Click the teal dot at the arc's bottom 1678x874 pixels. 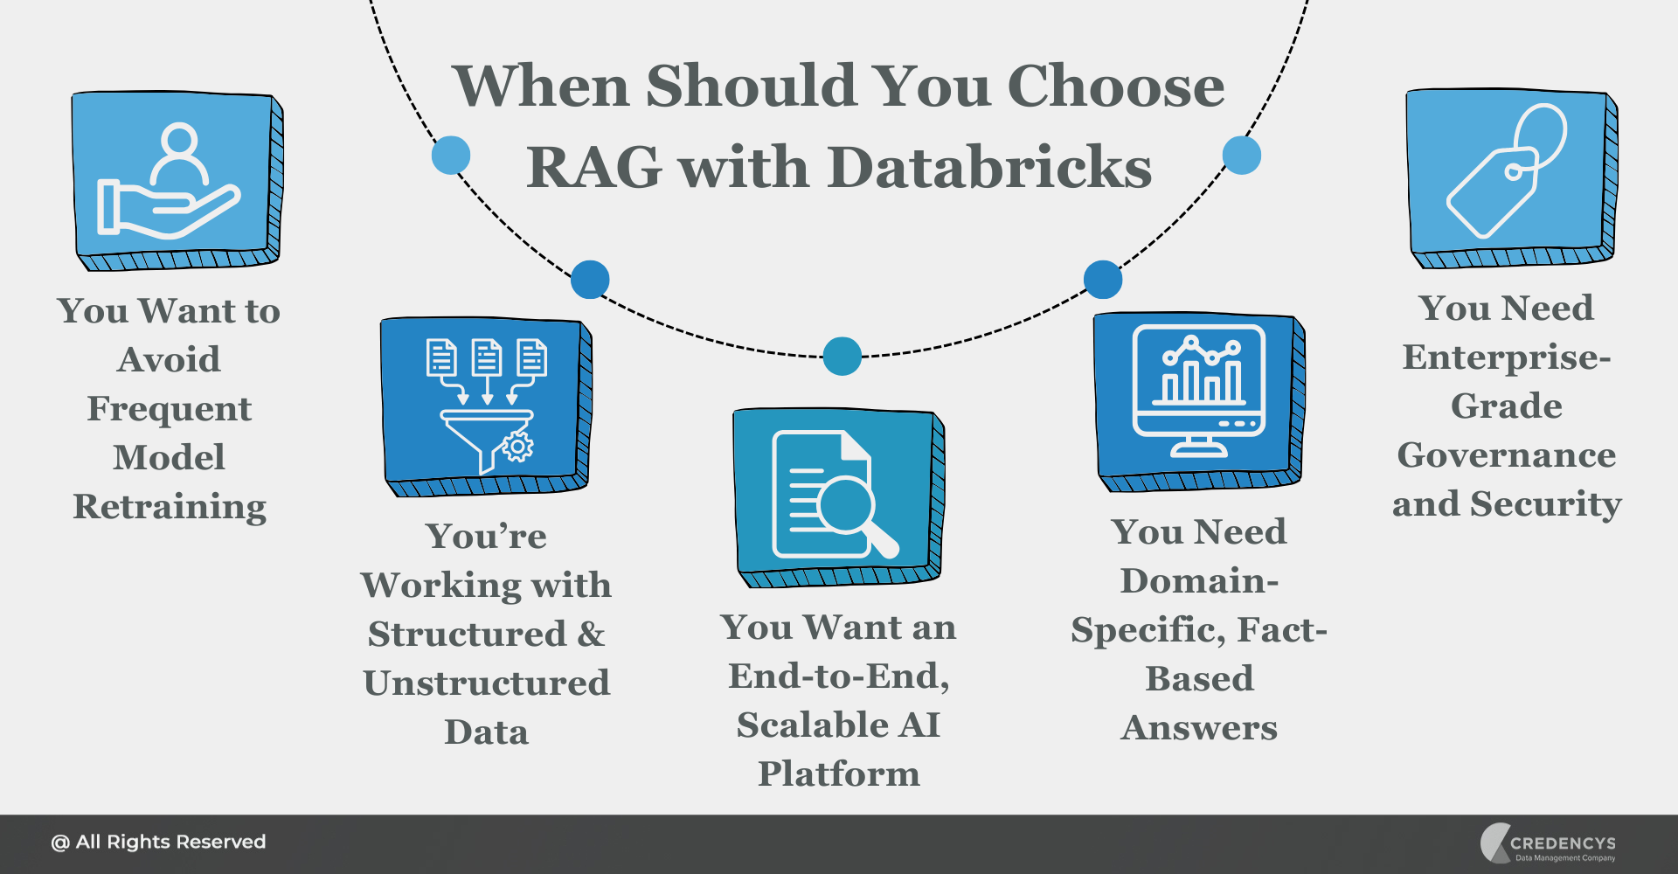point(842,357)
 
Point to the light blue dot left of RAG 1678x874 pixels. point(451,156)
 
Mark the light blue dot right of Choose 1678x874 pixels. point(1241,156)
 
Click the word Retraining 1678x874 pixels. point(170,507)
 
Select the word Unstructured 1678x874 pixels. point(486,683)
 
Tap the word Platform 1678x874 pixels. point(838,773)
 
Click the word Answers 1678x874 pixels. point(1198,727)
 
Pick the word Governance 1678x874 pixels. point(1506,454)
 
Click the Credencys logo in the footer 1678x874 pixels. point(1548,843)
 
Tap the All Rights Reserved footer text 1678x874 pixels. point(158,842)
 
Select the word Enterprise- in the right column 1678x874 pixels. point(1506,357)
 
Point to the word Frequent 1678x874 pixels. point(170,408)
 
